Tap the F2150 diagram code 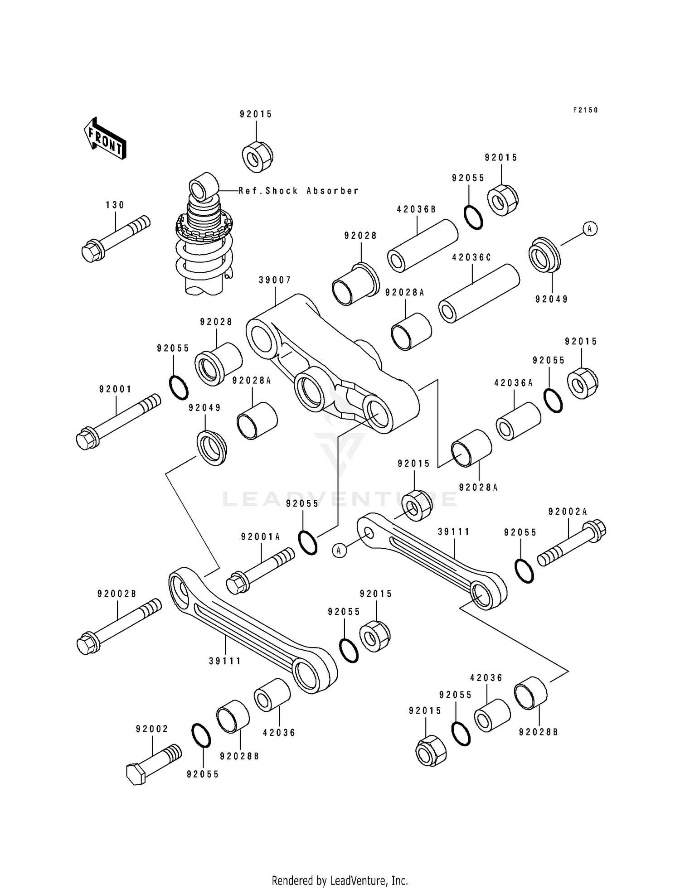[x=585, y=110]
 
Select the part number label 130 [x=115, y=205]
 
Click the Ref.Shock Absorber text [x=299, y=191]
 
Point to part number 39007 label [x=275, y=280]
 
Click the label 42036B [x=416, y=209]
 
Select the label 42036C [x=471, y=257]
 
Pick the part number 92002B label [x=117, y=594]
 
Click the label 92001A [x=261, y=537]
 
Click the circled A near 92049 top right [x=589, y=229]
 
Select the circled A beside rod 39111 [x=340, y=550]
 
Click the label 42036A [x=513, y=383]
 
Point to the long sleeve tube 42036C [x=479, y=294]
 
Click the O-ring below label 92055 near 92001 [x=179, y=387]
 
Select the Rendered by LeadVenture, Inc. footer [x=340, y=880]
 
